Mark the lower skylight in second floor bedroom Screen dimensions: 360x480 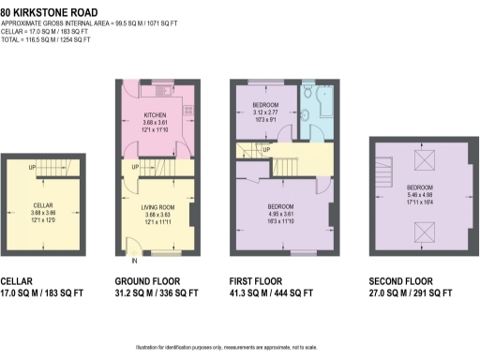(x=420, y=227)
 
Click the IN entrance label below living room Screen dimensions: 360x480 (x=134, y=262)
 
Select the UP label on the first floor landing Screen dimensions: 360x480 (x=268, y=150)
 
